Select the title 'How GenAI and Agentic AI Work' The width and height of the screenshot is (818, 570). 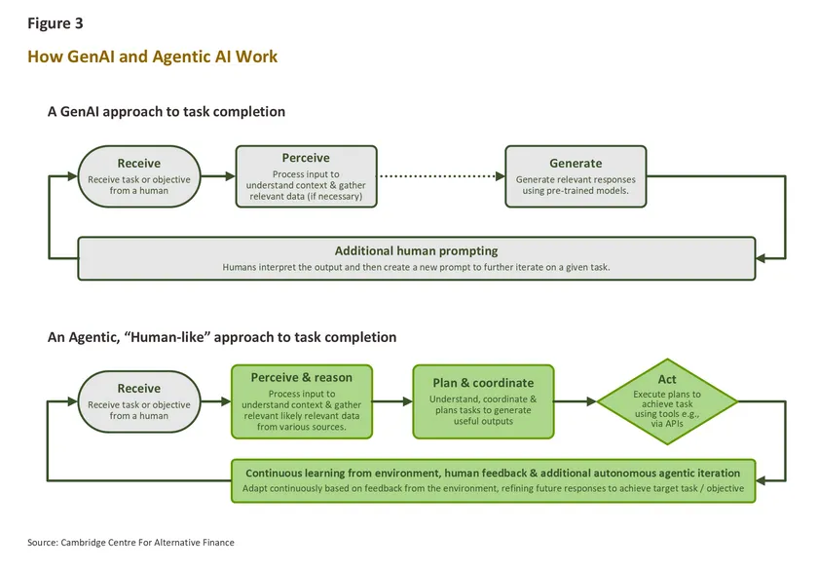[x=153, y=57]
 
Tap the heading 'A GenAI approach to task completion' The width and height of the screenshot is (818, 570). [x=167, y=112]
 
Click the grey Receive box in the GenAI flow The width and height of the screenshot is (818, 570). [x=139, y=176]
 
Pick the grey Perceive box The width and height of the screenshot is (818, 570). [x=306, y=176]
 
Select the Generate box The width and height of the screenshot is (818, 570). [x=576, y=176]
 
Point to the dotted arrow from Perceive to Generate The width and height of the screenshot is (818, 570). [x=440, y=177]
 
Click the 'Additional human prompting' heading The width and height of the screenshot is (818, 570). [x=416, y=250]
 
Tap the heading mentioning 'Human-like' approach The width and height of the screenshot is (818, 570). [x=222, y=337]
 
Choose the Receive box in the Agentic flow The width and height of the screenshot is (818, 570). [x=139, y=401]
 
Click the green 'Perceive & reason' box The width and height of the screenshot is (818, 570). [x=302, y=400]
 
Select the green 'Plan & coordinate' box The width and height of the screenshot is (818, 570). [x=483, y=400]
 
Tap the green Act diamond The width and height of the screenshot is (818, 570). [x=667, y=400]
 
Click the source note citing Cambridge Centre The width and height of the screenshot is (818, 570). [x=130, y=542]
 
